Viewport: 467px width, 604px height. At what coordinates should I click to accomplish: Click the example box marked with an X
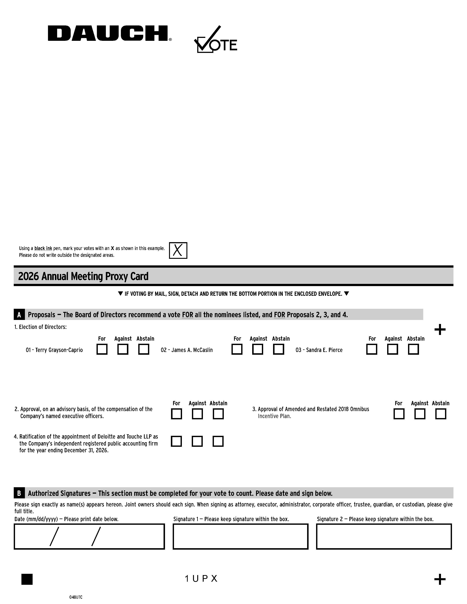[178, 250]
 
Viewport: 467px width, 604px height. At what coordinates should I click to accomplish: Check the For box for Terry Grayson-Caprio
[102, 349]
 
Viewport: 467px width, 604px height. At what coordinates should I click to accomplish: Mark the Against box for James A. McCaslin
[257, 349]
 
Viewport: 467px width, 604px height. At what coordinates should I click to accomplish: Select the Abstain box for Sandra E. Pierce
[413, 349]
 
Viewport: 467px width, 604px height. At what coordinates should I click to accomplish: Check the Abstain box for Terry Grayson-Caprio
[144, 349]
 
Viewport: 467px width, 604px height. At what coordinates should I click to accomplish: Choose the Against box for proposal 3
[420, 414]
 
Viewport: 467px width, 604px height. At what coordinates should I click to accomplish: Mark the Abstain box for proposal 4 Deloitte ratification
[218, 441]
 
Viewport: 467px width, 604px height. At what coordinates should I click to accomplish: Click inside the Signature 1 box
[240, 536]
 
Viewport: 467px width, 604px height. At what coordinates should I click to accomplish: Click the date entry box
[89, 536]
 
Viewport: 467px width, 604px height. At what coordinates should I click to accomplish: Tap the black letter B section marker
[19, 493]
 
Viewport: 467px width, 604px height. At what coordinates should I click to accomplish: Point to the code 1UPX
[201, 579]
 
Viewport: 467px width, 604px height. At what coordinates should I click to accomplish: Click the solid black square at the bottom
[27, 579]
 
